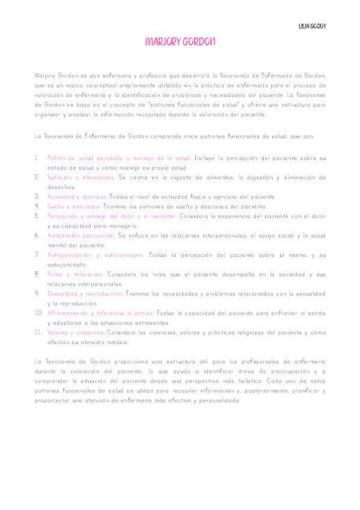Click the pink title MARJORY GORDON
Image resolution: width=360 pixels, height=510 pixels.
[x=180, y=41]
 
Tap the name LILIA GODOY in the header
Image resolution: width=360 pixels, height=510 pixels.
[x=312, y=27]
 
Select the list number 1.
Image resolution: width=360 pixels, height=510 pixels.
[x=37, y=158]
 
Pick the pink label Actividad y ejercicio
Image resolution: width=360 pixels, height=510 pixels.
[x=77, y=197]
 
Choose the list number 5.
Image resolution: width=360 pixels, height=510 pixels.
[x=37, y=216]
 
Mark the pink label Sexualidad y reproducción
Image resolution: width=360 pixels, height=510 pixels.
[x=85, y=293]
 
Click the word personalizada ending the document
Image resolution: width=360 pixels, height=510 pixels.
[x=217, y=400]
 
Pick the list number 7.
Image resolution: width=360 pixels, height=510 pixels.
[x=37, y=255]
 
